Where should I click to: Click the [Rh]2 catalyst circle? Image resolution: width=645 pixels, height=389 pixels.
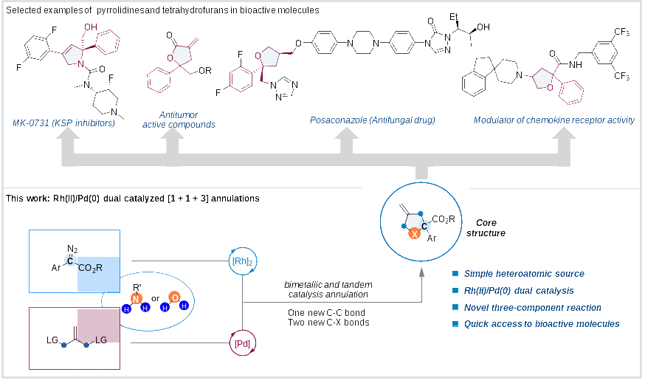coord(242,261)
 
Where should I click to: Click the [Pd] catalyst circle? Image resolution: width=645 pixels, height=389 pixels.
coord(242,343)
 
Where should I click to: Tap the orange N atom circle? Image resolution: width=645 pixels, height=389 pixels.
coord(136,298)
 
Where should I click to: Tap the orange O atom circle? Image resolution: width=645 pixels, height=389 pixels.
coord(174,297)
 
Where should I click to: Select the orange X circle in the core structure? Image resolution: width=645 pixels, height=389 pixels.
coord(415,233)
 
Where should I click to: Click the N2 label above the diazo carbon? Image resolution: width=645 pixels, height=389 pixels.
coord(72,249)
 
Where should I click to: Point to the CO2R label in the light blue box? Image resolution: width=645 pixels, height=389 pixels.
coord(91,267)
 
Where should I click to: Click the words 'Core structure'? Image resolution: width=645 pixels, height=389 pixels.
coord(486,227)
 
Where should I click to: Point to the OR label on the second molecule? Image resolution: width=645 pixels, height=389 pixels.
coord(204,71)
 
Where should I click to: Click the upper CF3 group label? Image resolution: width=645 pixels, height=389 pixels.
coord(621,33)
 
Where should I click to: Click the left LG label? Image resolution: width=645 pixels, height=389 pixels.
coord(52,339)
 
